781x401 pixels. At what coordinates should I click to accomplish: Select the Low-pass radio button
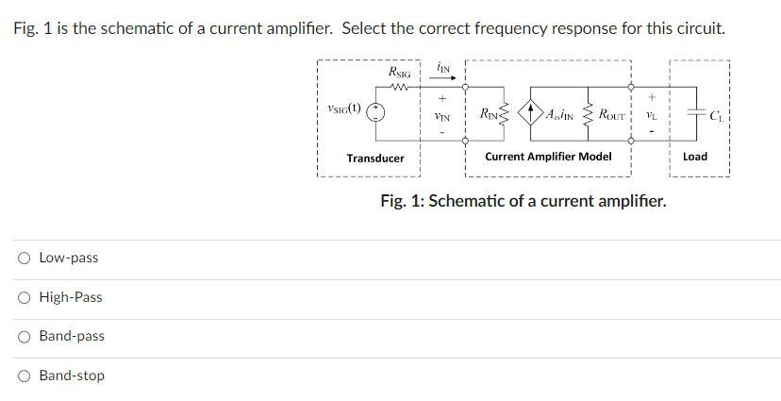point(24,259)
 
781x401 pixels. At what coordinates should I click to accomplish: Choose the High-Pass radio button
point(24,298)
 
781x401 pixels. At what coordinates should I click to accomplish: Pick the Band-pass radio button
point(24,337)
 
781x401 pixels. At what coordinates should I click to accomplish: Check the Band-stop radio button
point(24,376)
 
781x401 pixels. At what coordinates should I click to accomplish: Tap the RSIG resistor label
point(400,73)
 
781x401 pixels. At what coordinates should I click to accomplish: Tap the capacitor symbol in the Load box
point(694,113)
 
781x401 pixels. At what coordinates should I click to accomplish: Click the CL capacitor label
point(717,117)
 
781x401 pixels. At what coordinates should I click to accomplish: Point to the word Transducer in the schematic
point(374,159)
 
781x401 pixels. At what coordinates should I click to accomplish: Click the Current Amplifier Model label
point(547,157)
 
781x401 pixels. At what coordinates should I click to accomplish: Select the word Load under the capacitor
point(694,157)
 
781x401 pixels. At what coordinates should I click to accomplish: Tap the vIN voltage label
point(441,117)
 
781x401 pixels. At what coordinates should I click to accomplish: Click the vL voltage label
point(651,116)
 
